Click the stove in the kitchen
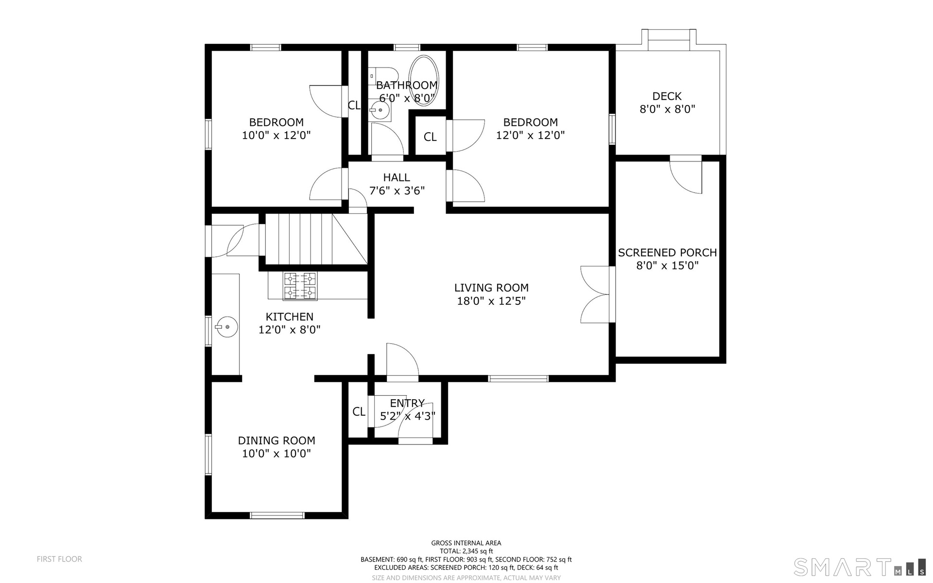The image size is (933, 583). (x=300, y=285)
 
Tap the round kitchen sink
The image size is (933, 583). (x=227, y=327)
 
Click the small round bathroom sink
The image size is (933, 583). (x=380, y=110)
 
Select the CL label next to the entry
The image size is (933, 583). (x=359, y=412)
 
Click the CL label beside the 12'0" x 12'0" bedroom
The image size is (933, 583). (x=430, y=137)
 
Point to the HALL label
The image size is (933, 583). (x=397, y=177)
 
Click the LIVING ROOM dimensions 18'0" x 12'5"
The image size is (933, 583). (x=491, y=301)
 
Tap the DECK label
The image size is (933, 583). (x=667, y=96)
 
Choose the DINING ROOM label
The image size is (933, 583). (x=276, y=441)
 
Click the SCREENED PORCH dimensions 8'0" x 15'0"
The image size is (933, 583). (x=667, y=265)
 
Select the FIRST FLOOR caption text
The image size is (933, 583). (x=59, y=559)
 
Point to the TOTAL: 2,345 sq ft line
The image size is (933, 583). (x=466, y=551)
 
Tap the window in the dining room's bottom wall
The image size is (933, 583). (x=277, y=515)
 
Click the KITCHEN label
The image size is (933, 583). (x=290, y=317)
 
